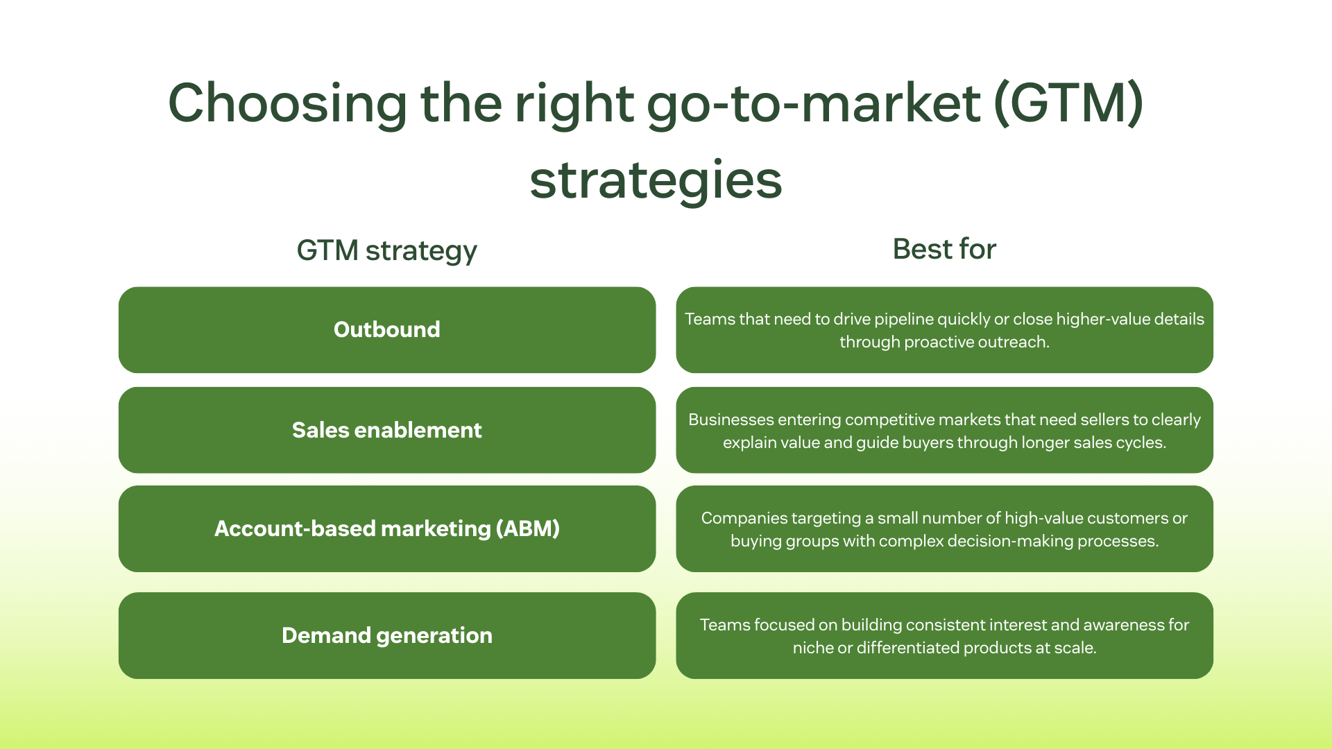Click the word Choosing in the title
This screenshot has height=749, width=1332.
287,104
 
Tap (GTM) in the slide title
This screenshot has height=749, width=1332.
1068,104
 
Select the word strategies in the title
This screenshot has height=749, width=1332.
656,180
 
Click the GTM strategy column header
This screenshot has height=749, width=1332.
386,250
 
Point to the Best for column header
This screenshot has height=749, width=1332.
944,249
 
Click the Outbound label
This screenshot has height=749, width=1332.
386,329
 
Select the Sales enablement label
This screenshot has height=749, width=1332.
386,430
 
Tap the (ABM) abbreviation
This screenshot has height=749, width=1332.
528,528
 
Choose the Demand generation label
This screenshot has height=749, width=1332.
386,635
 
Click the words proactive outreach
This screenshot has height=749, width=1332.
977,342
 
